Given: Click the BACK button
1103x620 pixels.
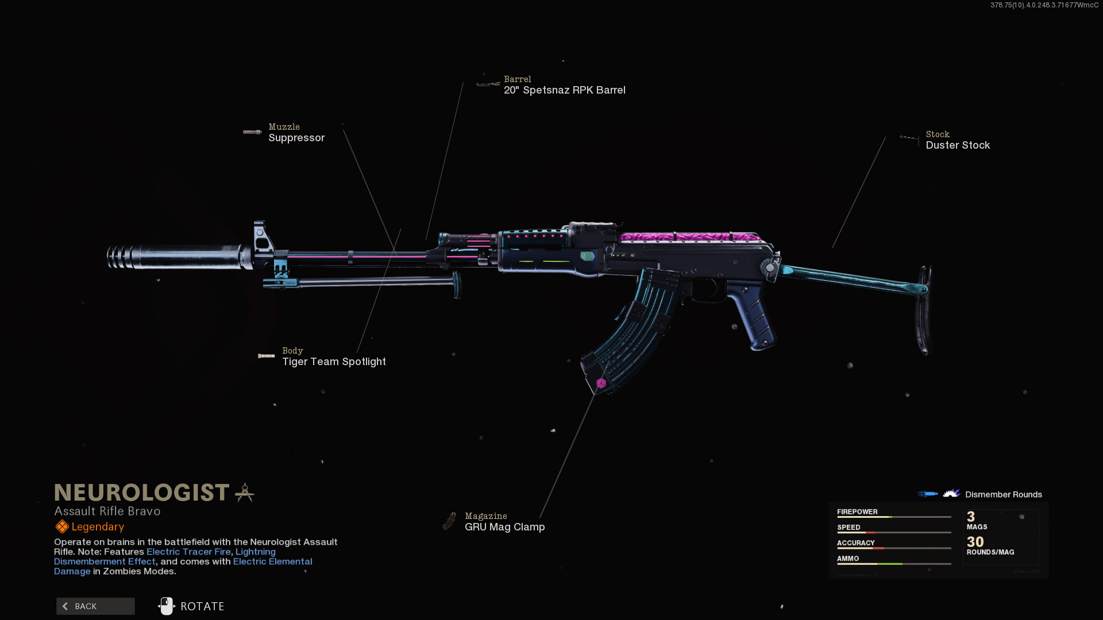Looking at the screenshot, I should (x=95, y=606).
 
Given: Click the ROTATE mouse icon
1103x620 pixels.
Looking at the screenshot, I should (x=167, y=606).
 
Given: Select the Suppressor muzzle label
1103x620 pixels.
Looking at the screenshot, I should (x=296, y=138).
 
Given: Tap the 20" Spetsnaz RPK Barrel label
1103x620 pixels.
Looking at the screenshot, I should (x=564, y=90).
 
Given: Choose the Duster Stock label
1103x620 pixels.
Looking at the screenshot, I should (x=958, y=145).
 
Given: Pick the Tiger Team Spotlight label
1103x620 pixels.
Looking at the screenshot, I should (x=334, y=362).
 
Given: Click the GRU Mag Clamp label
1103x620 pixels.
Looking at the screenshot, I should (x=504, y=527).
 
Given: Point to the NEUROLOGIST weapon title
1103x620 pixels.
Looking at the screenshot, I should (x=142, y=493).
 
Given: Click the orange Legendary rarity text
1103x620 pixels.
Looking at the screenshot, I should (x=98, y=526).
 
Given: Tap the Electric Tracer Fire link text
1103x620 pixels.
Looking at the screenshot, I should (x=188, y=552).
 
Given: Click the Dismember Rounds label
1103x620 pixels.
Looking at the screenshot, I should (x=1003, y=494).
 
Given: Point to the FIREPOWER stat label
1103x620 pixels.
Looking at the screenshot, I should (x=857, y=511).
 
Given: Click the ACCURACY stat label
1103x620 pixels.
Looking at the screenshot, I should (x=855, y=542).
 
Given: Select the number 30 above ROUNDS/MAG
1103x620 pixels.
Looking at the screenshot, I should (x=975, y=541).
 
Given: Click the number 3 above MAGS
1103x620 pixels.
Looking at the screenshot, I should (x=971, y=517).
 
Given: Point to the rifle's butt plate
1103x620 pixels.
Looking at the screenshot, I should (x=924, y=310).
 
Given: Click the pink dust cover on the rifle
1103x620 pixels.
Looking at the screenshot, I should (x=689, y=237).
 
